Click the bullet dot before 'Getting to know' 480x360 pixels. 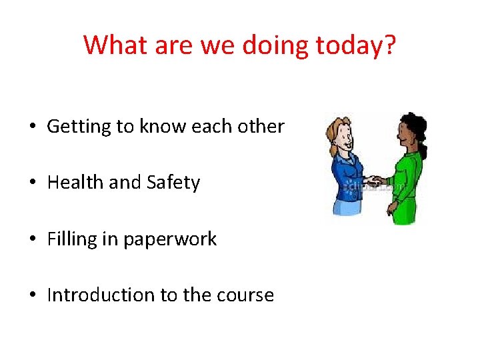(x=32, y=127)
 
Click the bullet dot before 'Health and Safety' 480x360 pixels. (x=32, y=183)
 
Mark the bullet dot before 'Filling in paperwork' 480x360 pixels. (x=32, y=239)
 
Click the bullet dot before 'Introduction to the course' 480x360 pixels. (x=32, y=295)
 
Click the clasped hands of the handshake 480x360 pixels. (x=377, y=181)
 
